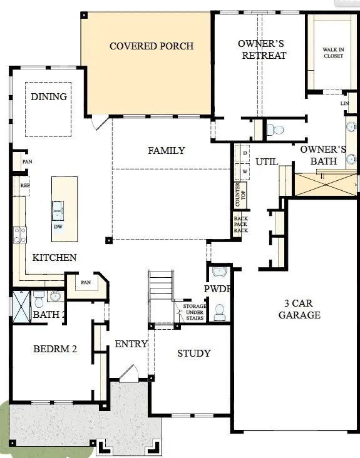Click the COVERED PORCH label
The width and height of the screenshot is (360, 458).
pyautogui.click(x=151, y=46)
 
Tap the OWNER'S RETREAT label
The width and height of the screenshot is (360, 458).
pyautogui.click(x=262, y=49)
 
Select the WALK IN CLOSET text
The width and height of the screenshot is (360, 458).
pyautogui.click(x=333, y=52)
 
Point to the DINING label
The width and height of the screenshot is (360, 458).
pyautogui.click(x=49, y=96)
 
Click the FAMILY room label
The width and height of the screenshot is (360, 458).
pyautogui.click(x=166, y=150)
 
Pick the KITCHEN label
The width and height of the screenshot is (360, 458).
pyautogui.click(x=54, y=257)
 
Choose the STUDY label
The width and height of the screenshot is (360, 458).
pyautogui.click(x=193, y=354)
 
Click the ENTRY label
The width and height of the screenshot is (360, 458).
pyautogui.click(x=131, y=343)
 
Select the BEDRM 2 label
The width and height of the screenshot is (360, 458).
pyautogui.click(x=54, y=349)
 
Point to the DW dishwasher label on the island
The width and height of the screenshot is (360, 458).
pyautogui.click(x=58, y=226)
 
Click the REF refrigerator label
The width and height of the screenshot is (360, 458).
pyautogui.click(x=25, y=186)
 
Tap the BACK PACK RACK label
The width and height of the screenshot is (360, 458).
pyautogui.click(x=241, y=225)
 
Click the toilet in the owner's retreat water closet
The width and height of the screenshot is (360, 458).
pyautogui.click(x=274, y=130)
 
